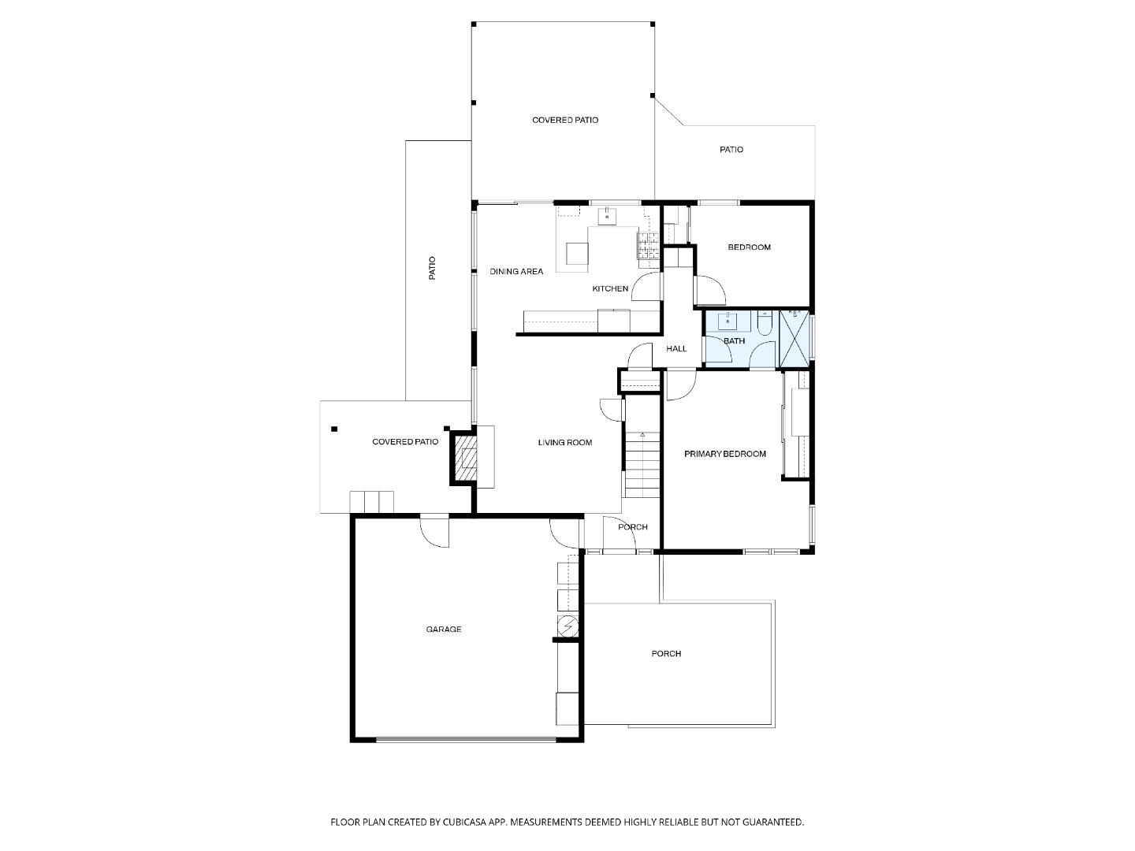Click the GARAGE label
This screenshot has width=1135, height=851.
tap(444, 630)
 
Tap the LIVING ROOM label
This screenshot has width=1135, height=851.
tap(565, 443)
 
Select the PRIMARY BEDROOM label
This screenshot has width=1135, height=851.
tap(725, 454)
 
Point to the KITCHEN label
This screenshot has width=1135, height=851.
tap(610, 289)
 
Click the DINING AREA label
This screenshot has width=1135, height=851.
tap(516, 272)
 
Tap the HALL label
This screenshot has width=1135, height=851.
tap(676, 348)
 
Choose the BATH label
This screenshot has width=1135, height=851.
tap(735, 341)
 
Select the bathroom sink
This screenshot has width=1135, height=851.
tap(727, 321)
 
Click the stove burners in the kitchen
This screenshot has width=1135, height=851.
tap(648, 247)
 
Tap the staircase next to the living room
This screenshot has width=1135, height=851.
tap(641, 465)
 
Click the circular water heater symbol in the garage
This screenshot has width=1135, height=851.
tap(567, 626)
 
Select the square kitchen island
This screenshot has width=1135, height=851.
tap(577, 253)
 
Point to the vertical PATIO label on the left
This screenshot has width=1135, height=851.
tap(432, 269)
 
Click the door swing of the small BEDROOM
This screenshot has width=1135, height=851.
tap(711, 292)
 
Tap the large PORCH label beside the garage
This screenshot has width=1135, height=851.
tap(666, 654)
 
